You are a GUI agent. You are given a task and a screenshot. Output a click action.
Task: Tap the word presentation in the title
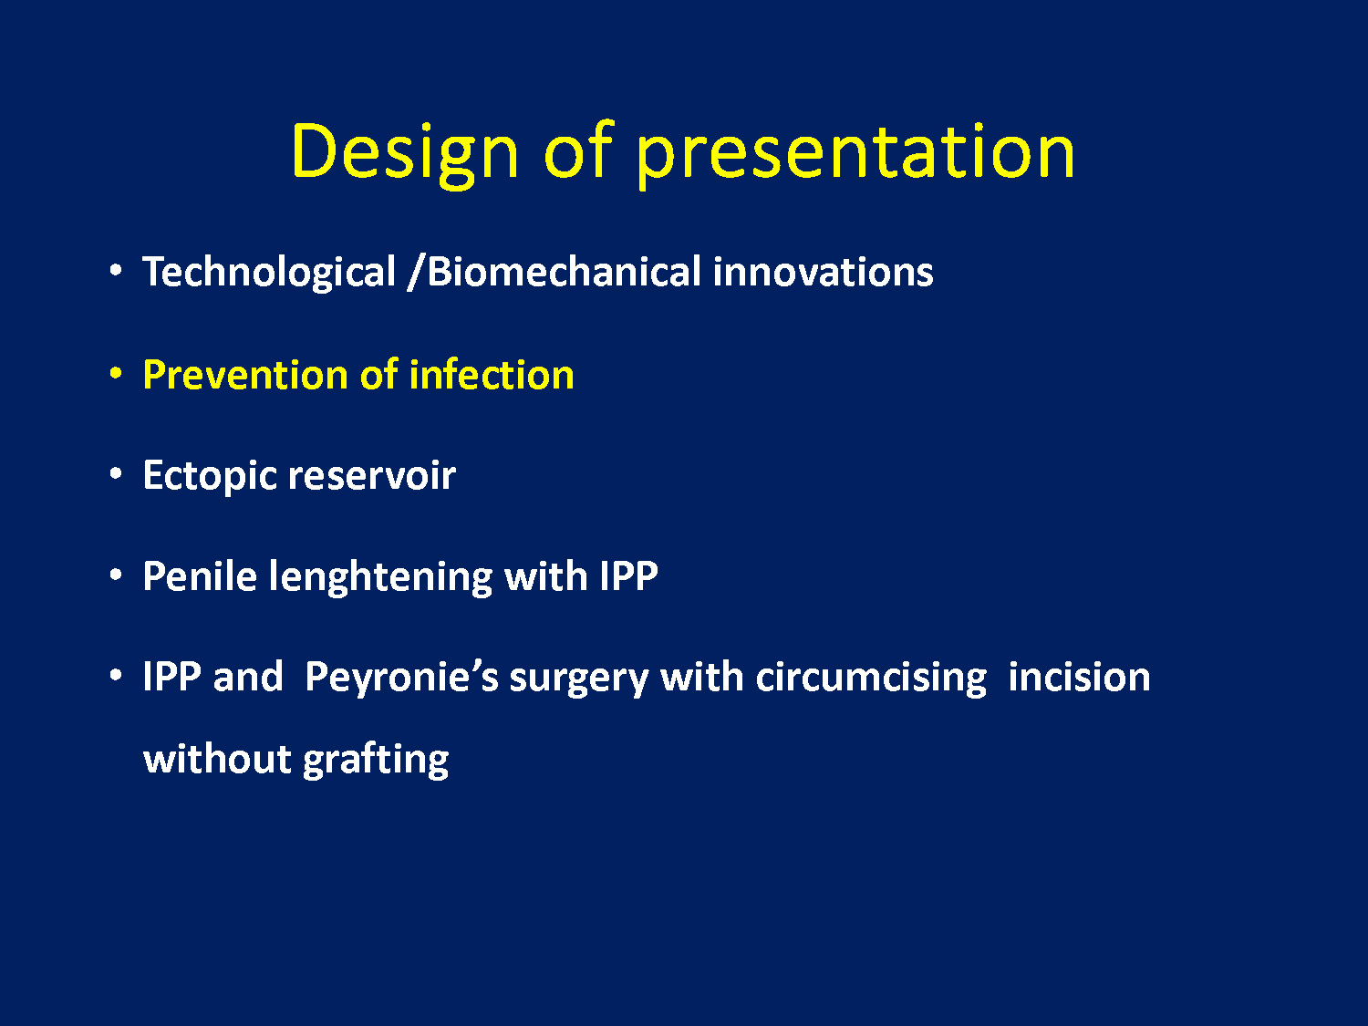pyautogui.click(x=856, y=153)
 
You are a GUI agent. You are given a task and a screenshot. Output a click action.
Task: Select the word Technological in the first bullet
pyautogui.click(x=269, y=272)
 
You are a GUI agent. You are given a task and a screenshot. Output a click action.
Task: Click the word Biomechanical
pyautogui.click(x=564, y=271)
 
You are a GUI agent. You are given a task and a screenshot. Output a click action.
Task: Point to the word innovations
pyautogui.click(x=823, y=272)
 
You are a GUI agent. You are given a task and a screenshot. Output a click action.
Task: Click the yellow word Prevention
pyautogui.click(x=245, y=375)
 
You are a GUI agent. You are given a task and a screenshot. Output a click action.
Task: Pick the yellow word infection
pyautogui.click(x=492, y=375)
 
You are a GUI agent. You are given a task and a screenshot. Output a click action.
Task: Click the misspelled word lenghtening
pyautogui.click(x=381, y=577)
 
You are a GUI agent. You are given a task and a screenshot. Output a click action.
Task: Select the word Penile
pyautogui.click(x=200, y=575)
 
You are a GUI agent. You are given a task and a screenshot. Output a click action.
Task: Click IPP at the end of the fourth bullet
pyautogui.click(x=628, y=576)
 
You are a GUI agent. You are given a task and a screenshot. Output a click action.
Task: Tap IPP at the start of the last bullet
pyautogui.click(x=172, y=677)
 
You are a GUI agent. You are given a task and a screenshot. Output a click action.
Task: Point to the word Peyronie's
pyautogui.click(x=401, y=678)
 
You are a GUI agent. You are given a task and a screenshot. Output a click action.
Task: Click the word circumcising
pyautogui.click(x=871, y=678)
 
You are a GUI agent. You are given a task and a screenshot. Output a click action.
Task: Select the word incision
pyautogui.click(x=1080, y=677)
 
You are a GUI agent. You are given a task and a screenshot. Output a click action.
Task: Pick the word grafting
pyautogui.click(x=376, y=760)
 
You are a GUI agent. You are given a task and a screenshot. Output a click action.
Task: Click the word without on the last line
pyautogui.click(x=217, y=759)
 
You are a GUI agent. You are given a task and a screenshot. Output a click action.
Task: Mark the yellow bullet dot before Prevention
pyautogui.click(x=115, y=373)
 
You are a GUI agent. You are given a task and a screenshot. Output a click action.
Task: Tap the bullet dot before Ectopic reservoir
pyautogui.click(x=115, y=474)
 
